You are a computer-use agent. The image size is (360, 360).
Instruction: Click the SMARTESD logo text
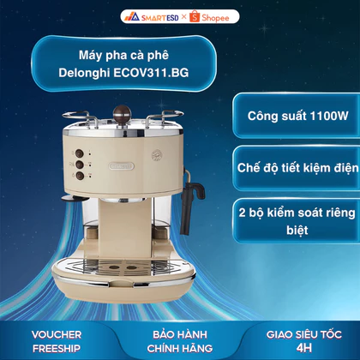[160, 18]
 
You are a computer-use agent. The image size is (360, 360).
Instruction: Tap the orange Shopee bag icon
[195, 16]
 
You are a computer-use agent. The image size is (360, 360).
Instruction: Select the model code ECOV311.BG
[151, 73]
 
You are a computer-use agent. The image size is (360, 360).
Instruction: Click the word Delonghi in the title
[84, 73]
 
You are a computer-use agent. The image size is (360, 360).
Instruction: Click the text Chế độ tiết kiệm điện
[297, 168]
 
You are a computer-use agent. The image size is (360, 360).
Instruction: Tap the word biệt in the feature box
[297, 230]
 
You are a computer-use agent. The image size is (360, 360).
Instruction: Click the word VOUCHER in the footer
[57, 334]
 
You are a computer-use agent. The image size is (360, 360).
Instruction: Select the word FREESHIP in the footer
[57, 348]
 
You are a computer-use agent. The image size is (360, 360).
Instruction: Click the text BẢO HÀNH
[180, 334]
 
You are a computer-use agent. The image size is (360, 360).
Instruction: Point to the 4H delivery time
[304, 348]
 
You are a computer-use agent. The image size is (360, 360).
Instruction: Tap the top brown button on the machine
[79, 153]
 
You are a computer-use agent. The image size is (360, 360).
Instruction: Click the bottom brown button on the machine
[80, 176]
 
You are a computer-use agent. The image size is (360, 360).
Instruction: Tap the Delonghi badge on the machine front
[122, 166]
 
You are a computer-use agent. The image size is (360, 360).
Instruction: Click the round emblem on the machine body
[157, 156]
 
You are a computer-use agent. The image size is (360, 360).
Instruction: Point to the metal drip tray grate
[123, 267]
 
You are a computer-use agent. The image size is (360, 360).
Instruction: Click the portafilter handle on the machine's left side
[75, 198]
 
